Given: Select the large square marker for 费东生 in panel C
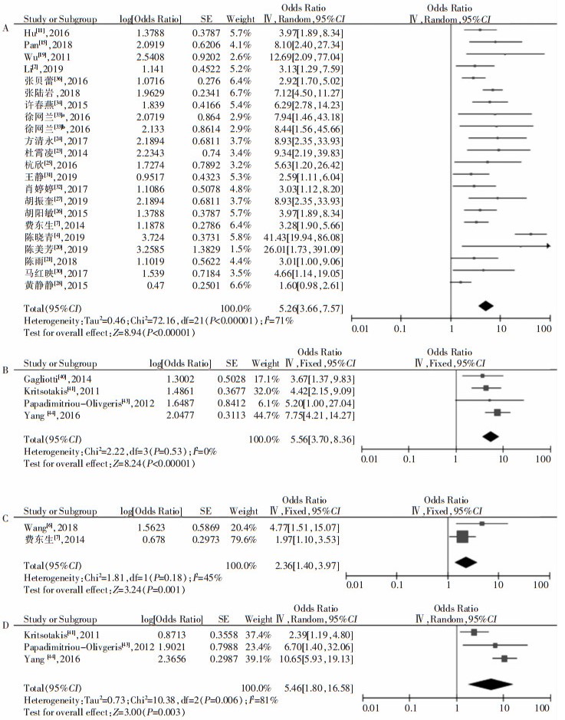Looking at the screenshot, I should point(462,537).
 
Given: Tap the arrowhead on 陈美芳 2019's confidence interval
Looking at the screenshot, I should point(547,245).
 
